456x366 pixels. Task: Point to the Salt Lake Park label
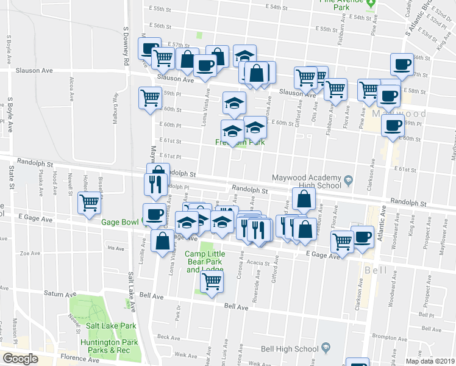point(110,326)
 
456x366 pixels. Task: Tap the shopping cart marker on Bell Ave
point(212,282)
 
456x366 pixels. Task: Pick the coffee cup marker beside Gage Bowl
point(154,215)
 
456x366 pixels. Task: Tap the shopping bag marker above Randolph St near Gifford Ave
point(304,198)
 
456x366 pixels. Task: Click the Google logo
point(20,359)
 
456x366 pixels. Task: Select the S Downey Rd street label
point(126,46)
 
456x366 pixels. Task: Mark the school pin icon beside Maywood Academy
point(348,181)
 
